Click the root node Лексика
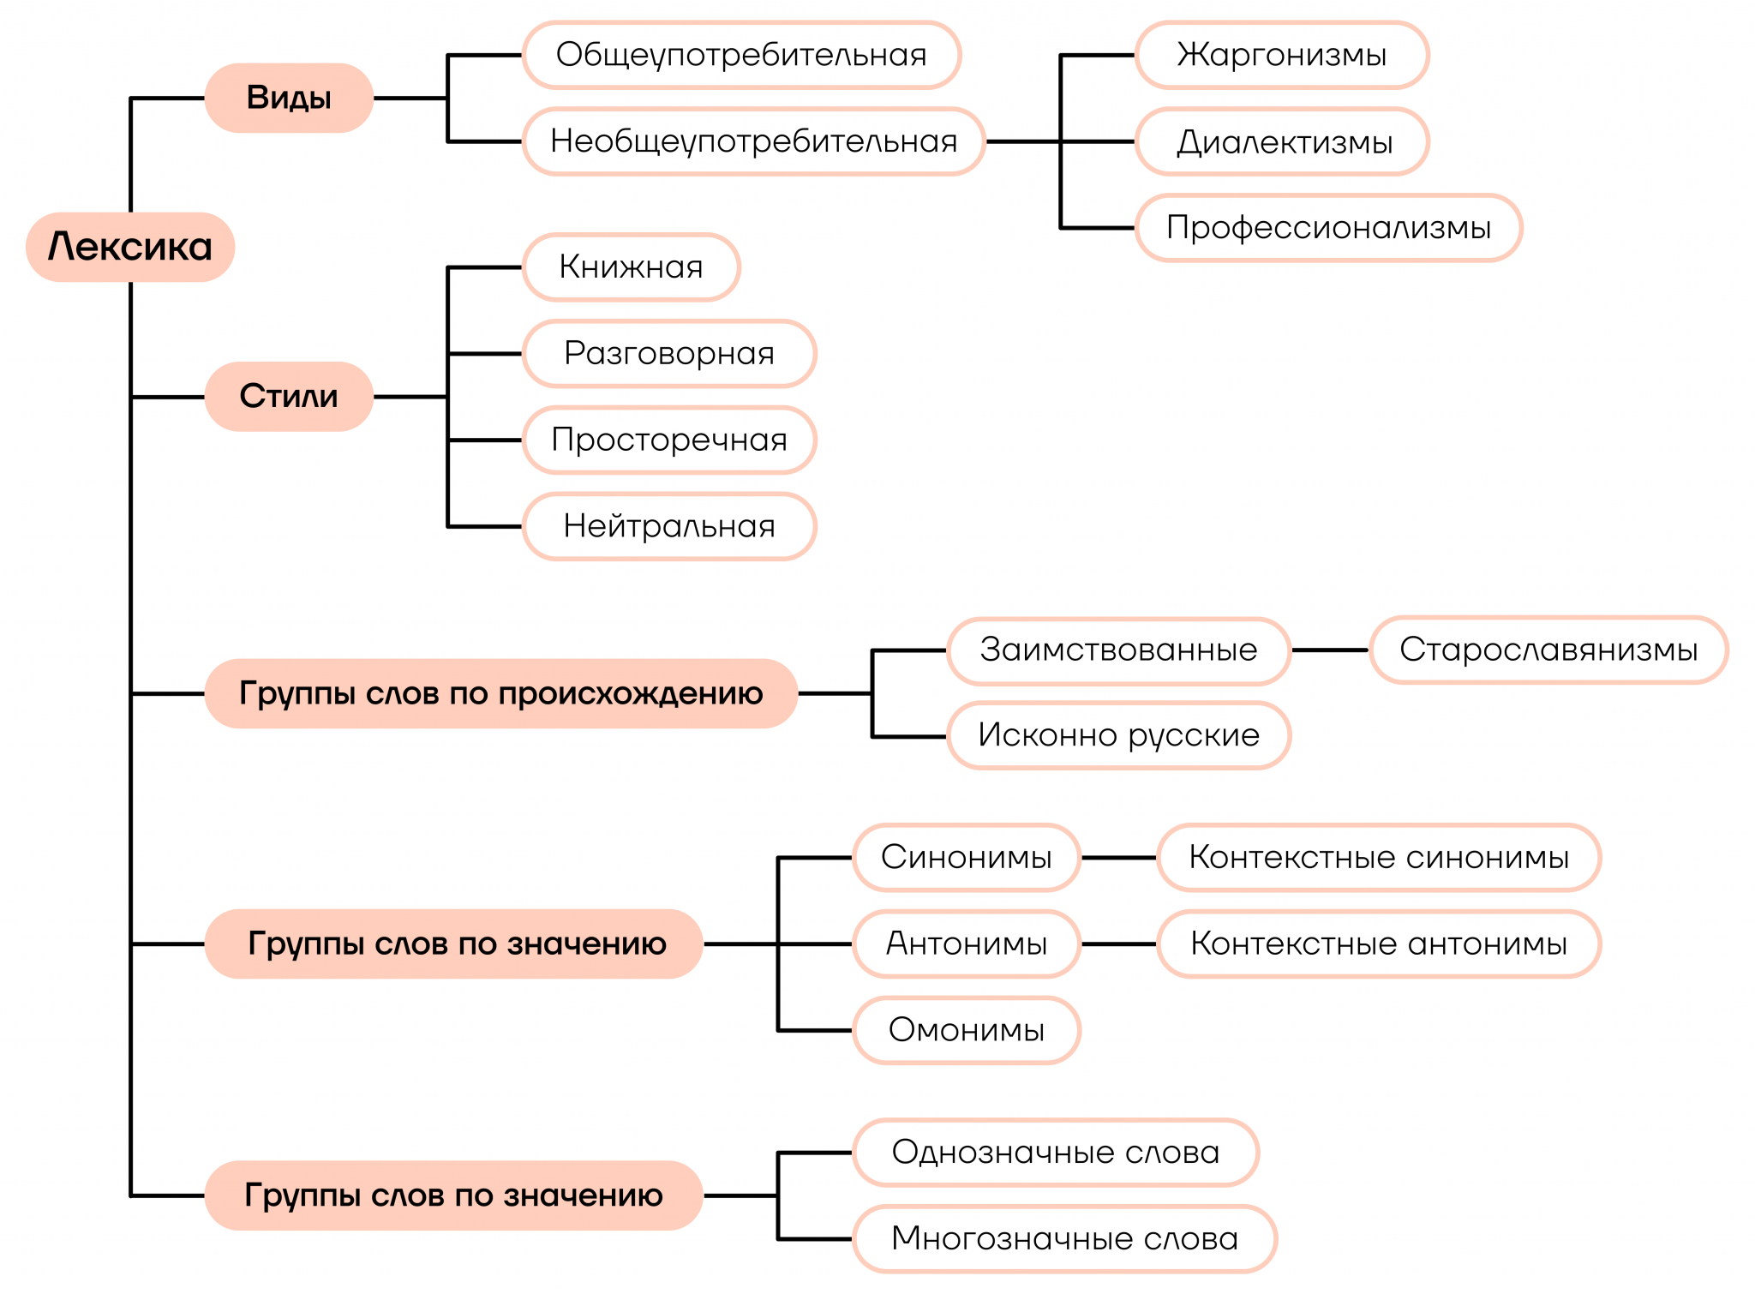(130, 247)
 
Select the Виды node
(289, 98)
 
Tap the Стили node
(289, 396)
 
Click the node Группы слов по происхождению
(501, 693)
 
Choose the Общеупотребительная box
(741, 55)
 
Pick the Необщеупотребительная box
(753, 141)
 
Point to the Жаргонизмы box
(1281, 55)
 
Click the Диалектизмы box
(1283, 141)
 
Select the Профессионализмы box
(1328, 228)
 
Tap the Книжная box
(631, 267)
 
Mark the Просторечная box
(668, 440)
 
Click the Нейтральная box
(668, 526)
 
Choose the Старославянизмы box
(1548, 650)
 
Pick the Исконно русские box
(1118, 735)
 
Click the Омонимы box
(967, 1029)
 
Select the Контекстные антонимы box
(1379, 944)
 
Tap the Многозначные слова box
(1064, 1238)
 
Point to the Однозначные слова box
(1056, 1153)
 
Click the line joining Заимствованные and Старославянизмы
(1330, 650)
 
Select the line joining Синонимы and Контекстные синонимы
(1119, 857)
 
